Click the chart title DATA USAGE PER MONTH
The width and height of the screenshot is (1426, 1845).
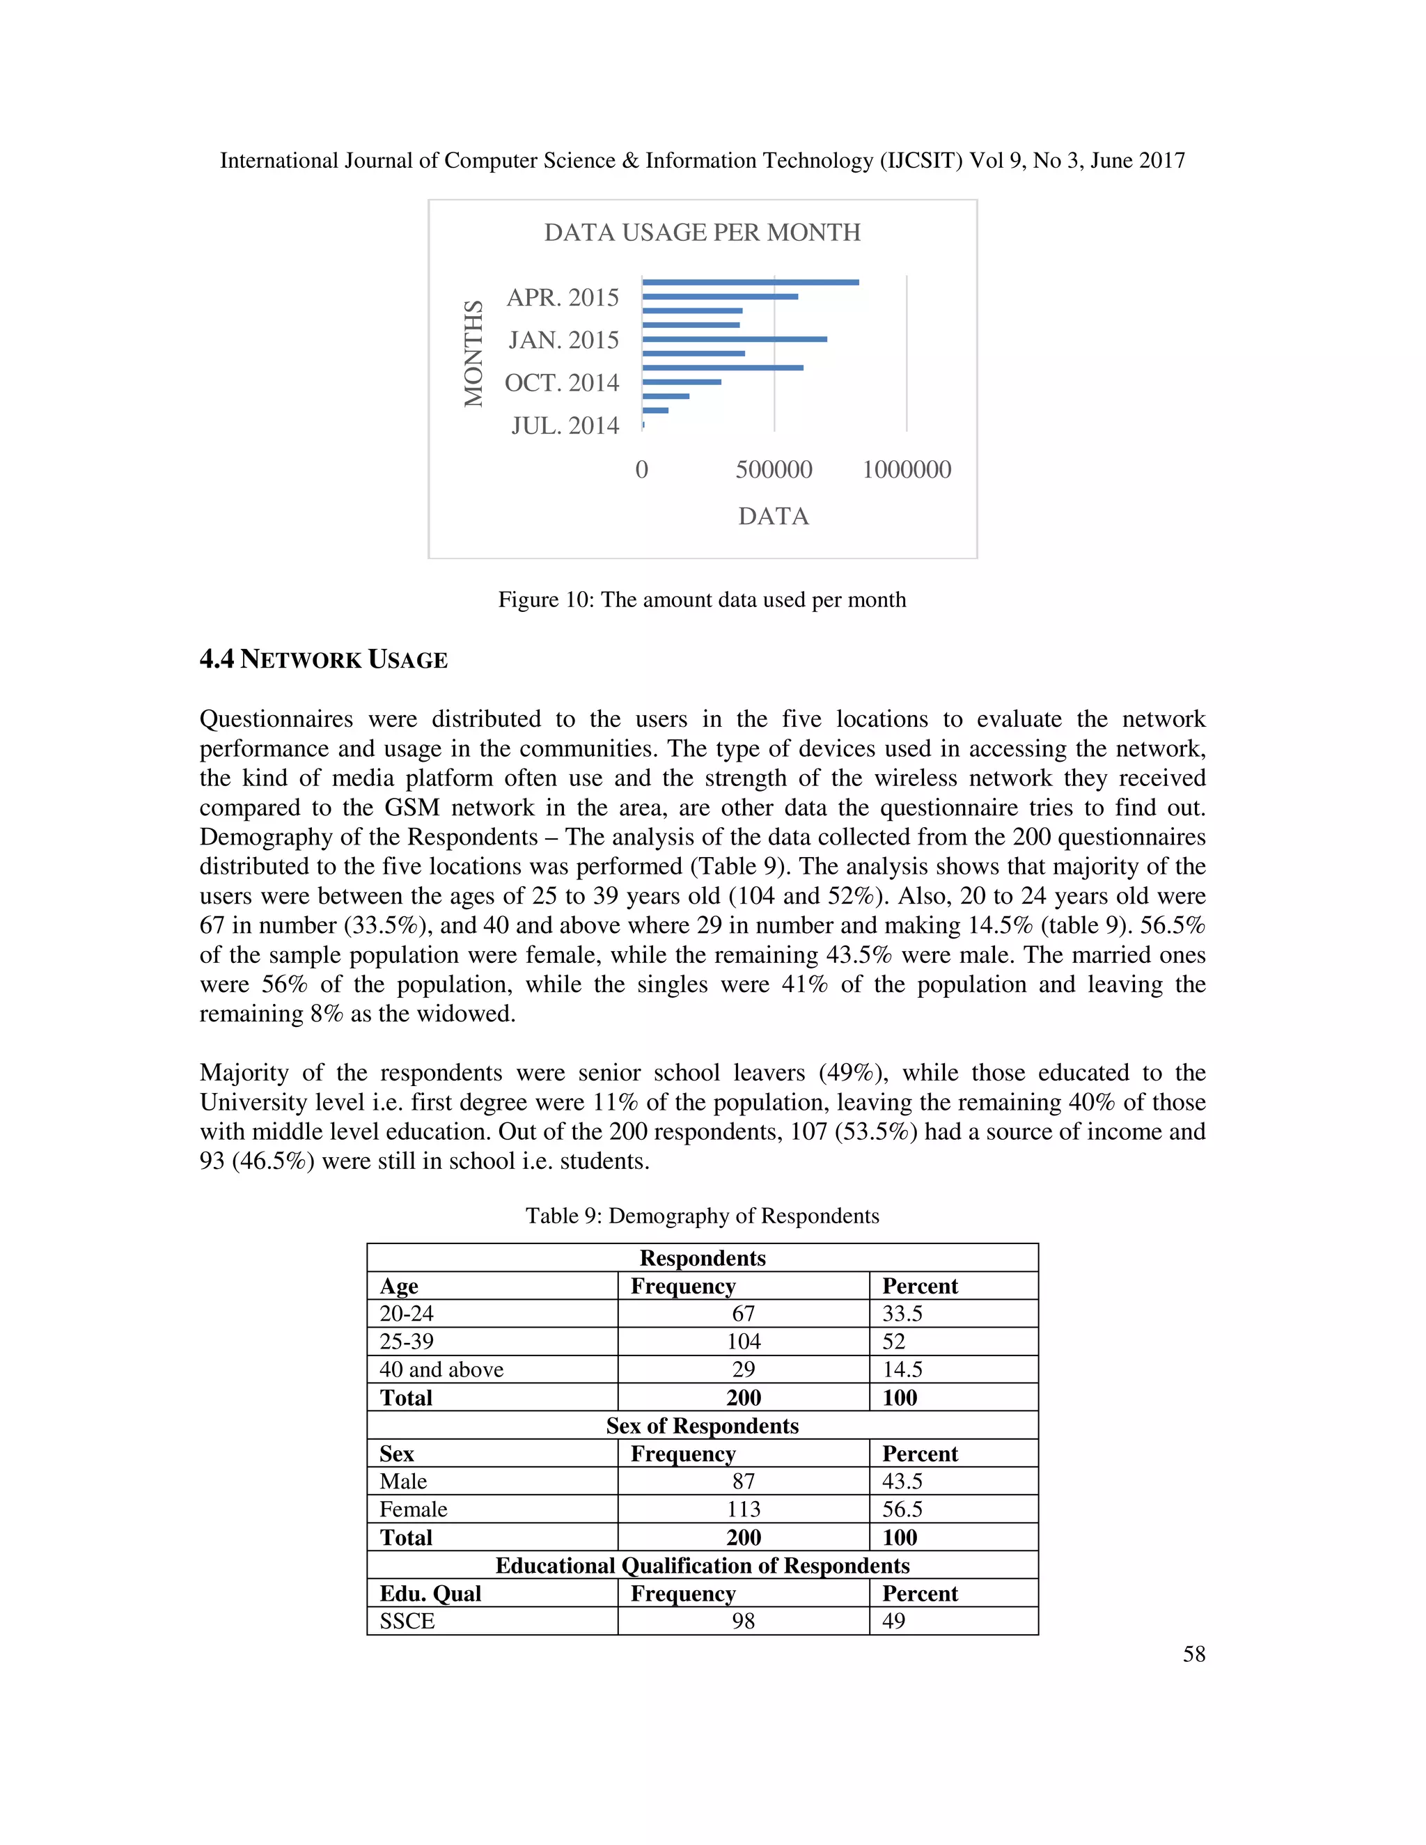tap(702, 233)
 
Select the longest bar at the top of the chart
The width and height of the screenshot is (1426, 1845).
tap(750, 282)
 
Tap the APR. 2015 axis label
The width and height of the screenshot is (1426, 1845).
tap(563, 297)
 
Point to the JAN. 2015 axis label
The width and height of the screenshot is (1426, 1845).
tap(563, 340)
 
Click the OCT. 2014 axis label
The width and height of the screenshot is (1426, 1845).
tap(562, 383)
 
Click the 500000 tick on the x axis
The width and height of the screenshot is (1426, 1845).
tap(774, 470)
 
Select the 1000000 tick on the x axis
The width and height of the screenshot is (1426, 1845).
tap(907, 470)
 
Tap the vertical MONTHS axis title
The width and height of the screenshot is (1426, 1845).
tap(474, 353)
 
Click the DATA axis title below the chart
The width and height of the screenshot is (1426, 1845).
tap(774, 516)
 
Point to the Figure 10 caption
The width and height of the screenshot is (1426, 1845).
tap(702, 599)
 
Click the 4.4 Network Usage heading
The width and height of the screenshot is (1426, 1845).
tap(324, 660)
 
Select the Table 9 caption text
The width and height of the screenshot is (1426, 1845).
tap(702, 1216)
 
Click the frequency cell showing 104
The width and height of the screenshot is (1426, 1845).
tap(744, 1342)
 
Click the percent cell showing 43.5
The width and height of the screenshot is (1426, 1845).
tap(902, 1481)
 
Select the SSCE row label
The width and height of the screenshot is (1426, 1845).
tap(407, 1620)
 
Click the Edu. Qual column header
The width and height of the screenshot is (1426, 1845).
tap(430, 1593)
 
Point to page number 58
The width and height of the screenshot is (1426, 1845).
tap(1193, 1654)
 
